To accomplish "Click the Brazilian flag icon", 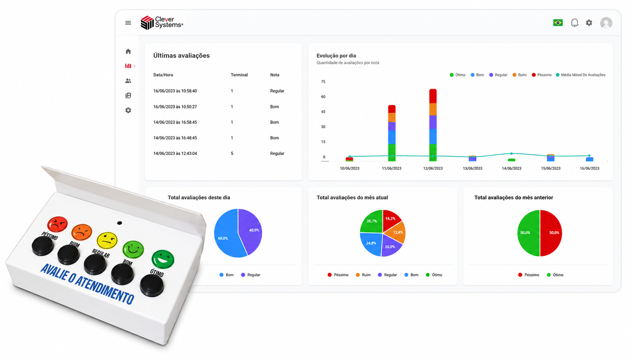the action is pyautogui.click(x=558, y=22).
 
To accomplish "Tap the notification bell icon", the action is pyautogui.click(x=575, y=22).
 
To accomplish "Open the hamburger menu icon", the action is pyautogui.click(x=128, y=23).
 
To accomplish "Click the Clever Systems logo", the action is pyautogui.click(x=162, y=22).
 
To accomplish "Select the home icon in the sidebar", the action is pyautogui.click(x=128, y=51).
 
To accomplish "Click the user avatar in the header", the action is pyautogui.click(x=606, y=23).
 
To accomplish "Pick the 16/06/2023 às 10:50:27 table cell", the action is pyautogui.click(x=175, y=107).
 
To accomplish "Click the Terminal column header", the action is pyautogui.click(x=239, y=75).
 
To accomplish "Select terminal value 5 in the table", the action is pyautogui.click(x=232, y=153).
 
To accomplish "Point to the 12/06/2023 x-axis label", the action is pyautogui.click(x=433, y=168).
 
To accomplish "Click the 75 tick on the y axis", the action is pyautogui.click(x=323, y=81).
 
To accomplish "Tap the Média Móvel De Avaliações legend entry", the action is pyautogui.click(x=581, y=75).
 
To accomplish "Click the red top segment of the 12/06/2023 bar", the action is pyautogui.click(x=433, y=96).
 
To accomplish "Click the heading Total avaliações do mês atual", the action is pyautogui.click(x=352, y=198).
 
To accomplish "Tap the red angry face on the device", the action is pyautogui.click(x=57, y=224).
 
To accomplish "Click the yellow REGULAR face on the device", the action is pyautogui.click(x=107, y=240).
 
